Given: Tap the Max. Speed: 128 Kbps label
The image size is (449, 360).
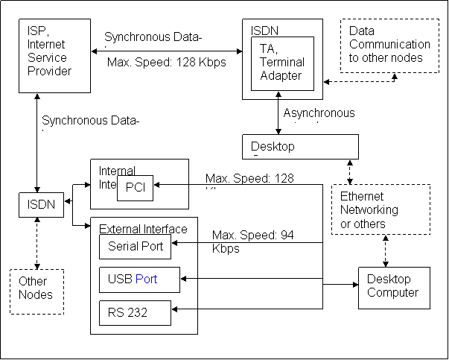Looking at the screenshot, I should click(167, 63).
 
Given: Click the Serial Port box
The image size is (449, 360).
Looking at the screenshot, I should click(135, 246).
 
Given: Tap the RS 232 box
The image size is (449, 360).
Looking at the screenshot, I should click(135, 312).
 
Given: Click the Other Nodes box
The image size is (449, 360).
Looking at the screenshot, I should click(36, 288).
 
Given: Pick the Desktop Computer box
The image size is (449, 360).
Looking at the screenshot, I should click(394, 286).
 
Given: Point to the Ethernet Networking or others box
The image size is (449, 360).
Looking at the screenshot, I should click(380, 210).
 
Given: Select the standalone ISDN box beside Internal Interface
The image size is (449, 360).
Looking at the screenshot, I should click(41, 204).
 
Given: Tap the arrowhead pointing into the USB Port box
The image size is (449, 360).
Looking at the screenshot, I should click(185, 279).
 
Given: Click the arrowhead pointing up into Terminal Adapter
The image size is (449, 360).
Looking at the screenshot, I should click(278, 95).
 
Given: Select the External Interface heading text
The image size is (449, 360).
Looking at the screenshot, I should click(143, 229).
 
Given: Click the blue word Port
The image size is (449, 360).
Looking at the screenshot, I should click(147, 280).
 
